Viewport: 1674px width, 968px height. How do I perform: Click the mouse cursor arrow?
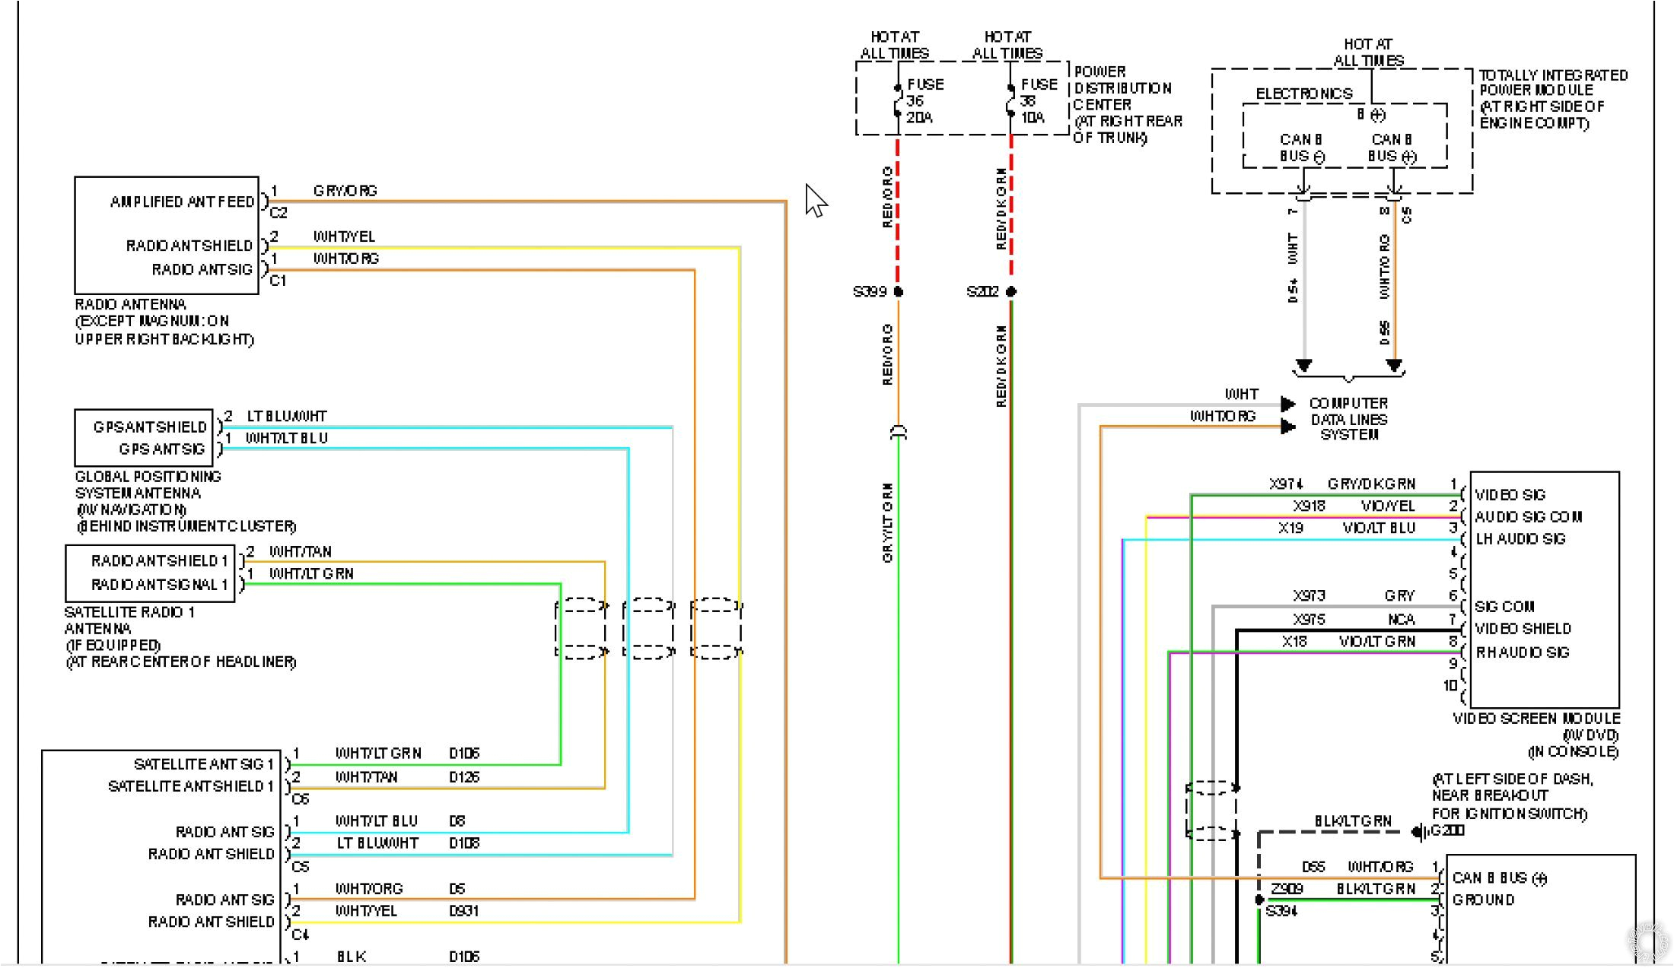pyautogui.click(x=815, y=200)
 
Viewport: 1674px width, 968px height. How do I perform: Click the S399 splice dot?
pyautogui.click(x=899, y=292)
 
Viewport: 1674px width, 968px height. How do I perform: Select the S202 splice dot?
pyautogui.click(x=1011, y=292)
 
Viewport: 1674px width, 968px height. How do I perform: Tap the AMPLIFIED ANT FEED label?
pyautogui.click(x=182, y=202)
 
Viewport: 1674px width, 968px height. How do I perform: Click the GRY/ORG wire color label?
pyautogui.click(x=345, y=191)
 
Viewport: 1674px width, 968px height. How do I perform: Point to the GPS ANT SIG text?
pyautogui.click(x=161, y=449)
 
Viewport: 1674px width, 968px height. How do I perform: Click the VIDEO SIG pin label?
pyautogui.click(x=1510, y=495)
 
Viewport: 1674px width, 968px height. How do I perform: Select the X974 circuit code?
pyautogui.click(x=1286, y=484)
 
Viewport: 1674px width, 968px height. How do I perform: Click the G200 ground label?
pyautogui.click(x=1447, y=830)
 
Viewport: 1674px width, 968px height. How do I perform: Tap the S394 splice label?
pyautogui.click(x=1281, y=911)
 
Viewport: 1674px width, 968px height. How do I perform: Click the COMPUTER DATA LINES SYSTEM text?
pyautogui.click(x=1348, y=419)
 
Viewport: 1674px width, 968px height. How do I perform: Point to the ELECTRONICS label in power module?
pyautogui.click(x=1304, y=94)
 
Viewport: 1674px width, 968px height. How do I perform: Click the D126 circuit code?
pyautogui.click(x=464, y=777)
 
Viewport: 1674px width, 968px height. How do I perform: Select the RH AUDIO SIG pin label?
pyautogui.click(x=1523, y=652)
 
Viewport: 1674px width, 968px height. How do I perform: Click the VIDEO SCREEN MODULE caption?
pyautogui.click(x=1536, y=719)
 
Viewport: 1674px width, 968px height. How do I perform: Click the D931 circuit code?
pyautogui.click(x=463, y=911)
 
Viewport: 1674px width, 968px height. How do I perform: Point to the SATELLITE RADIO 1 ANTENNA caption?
pyautogui.click(x=129, y=620)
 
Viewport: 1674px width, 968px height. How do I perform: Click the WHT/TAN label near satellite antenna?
pyautogui.click(x=301, y=552)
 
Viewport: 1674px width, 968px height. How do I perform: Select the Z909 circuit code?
pyautogui.click(x=1287, y=889)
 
